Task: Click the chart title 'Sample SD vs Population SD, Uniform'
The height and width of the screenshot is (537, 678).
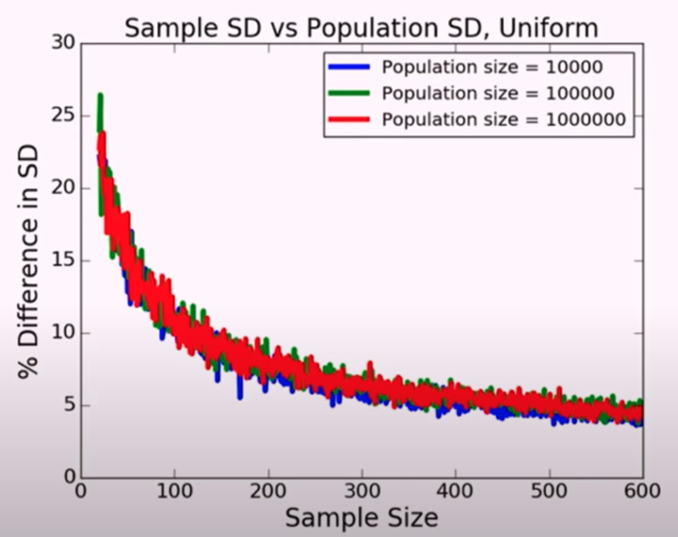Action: [362, 28]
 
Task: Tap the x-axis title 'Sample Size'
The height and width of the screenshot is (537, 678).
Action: [362, 518]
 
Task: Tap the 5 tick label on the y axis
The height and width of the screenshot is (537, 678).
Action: [68, 405]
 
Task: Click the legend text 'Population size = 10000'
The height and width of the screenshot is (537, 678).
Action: [493, 67]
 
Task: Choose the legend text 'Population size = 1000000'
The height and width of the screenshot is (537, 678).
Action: [504, 120]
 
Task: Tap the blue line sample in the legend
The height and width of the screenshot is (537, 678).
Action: [349, 67]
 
